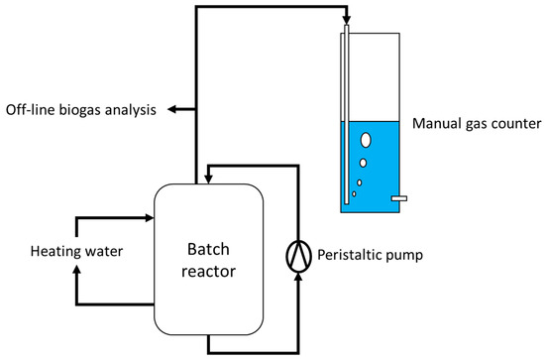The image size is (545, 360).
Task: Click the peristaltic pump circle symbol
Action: [297, 256]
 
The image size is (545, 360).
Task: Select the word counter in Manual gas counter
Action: [516, 124]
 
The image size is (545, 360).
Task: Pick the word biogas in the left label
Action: [87, 109]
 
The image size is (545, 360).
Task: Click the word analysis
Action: [134, 109]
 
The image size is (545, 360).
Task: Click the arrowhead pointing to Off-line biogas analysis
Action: [171, 109]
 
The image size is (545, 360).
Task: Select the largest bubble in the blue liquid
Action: [367, 141]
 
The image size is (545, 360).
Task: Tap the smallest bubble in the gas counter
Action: [354, 194]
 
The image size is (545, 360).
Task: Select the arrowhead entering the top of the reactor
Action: [206, 179]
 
